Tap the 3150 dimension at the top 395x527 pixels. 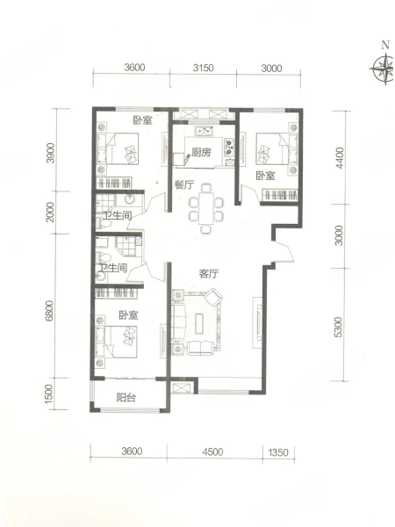click(204, 68)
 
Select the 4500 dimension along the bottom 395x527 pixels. click(212, 451)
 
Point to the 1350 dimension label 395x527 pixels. click(278, 452)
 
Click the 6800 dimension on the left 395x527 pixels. click(49, 311)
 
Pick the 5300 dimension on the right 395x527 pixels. click(339, 327)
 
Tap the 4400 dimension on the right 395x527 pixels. click(340, 157)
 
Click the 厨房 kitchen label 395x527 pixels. click(202, 152)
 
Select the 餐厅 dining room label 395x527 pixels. click(184, 184)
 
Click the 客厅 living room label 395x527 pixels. click(209, 273)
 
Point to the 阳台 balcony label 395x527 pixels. click(126, 398)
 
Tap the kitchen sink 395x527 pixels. click(205, 130)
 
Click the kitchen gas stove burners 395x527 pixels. click(229, 148)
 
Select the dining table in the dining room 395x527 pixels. click(206, 208)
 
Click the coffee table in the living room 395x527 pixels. click(200, 323)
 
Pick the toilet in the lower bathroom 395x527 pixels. click(104, 257)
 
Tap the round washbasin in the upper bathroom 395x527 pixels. click(130, 199)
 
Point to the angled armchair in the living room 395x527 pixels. click(214, 297)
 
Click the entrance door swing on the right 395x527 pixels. click(284, 251)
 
